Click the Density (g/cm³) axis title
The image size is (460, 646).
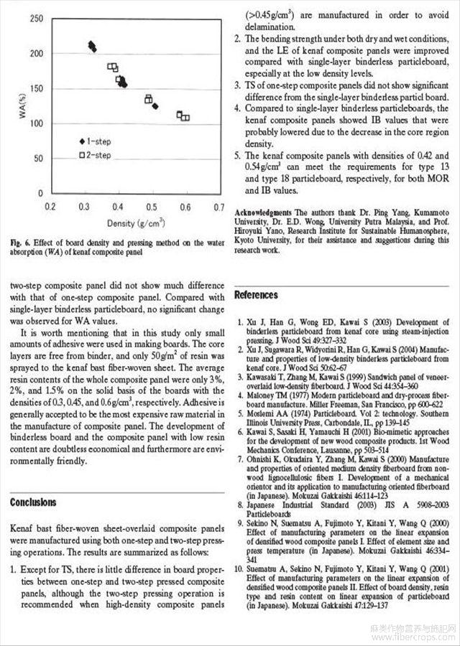click(x=136, y=223)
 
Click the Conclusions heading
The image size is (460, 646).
click(x=33, y=502)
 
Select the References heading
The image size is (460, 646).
click(x=257, y=295)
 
